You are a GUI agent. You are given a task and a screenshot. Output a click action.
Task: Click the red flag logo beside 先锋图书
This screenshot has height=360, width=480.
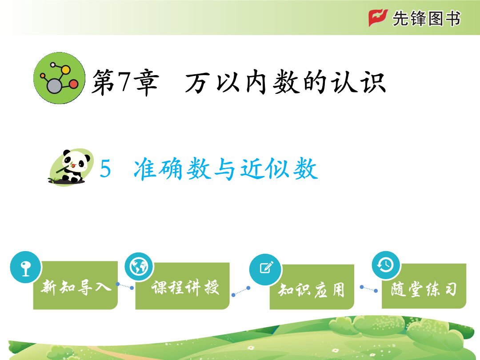tap(378, 18)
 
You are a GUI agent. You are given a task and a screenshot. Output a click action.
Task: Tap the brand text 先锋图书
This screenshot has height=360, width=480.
tap(426, 18)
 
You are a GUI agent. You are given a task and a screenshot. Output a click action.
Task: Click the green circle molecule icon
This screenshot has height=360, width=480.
tap(60, 78)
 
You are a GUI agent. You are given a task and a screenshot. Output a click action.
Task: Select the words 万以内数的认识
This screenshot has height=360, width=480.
tap(285, 82)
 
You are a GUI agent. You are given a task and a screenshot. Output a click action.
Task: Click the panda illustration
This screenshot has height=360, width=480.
tap(71, 167)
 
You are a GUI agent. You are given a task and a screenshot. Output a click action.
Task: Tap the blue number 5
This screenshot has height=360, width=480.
tap(105, 168)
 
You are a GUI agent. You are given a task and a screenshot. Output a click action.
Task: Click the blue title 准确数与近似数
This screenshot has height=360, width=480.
tap(226, 169)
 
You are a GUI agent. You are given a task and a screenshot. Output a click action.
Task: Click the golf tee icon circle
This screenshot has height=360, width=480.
tap(25, 267)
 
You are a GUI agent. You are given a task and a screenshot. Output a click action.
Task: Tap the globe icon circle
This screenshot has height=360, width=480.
tap(139, 267)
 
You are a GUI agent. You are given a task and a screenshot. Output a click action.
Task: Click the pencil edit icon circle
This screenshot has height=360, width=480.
tap(266, 269)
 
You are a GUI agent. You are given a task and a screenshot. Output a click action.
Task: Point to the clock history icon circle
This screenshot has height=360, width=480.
tap(386, 265)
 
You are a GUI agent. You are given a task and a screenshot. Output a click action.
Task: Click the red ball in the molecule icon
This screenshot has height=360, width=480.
tap(74, 84)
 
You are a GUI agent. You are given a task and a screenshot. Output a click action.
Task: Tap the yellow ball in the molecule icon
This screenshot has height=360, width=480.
tap(65, 70)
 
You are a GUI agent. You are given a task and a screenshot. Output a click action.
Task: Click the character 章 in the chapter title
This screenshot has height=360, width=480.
tap(147, 82)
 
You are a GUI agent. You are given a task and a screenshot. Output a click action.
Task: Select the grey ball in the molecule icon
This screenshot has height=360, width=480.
tap(55, 86)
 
